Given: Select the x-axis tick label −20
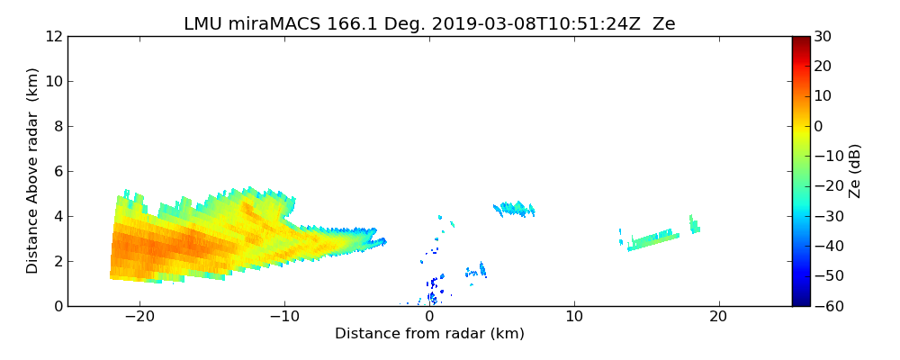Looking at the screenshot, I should pos(139,317).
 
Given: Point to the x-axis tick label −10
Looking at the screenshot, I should pos(284,317).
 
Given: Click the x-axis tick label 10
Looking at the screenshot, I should pos(574,317).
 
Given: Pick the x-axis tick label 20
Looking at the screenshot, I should pos(718,317).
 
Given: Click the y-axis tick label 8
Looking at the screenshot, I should pos(57,127).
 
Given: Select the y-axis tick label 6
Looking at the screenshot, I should pos(57,172).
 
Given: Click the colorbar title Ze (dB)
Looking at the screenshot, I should pos(855,171).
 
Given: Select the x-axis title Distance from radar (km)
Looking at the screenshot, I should pos(429,334).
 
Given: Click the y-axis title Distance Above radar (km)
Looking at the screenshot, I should pos(33,171).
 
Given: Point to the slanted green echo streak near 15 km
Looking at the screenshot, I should pos(654,239).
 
